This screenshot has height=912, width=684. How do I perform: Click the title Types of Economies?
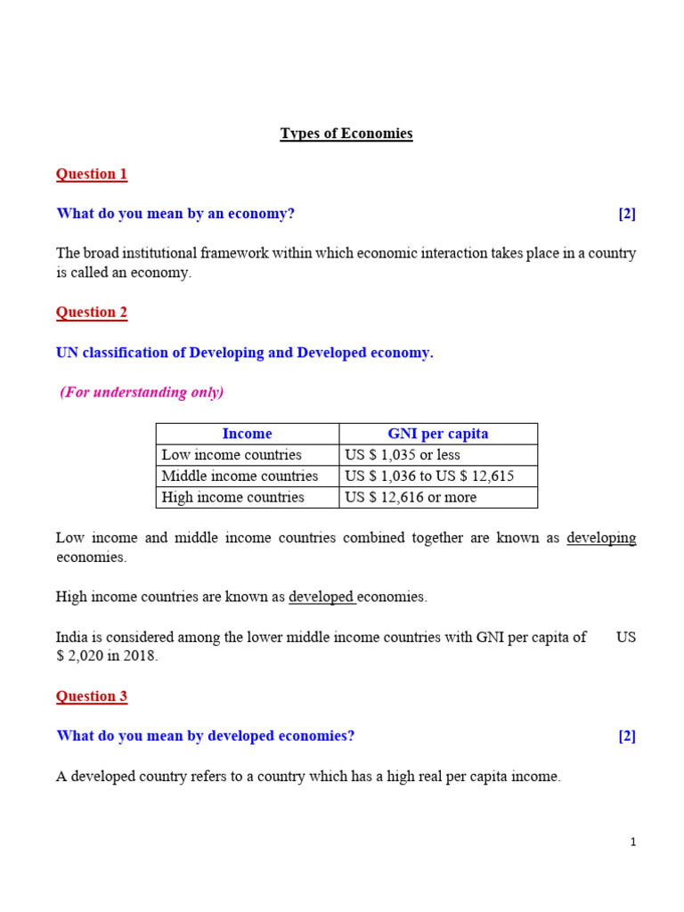pyautogui.click(x=346, y=134)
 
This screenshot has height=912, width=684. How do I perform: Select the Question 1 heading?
pyautogui.click(x=92, y=174)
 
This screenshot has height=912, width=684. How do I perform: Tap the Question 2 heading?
pyautogui.click(x=92, y=312)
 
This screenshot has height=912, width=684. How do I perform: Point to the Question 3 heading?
pyautogui.click(x=92, y=696)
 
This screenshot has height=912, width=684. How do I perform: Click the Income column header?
pyautogui.click(x=247, y=434)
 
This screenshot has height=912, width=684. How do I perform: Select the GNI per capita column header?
pyautogui.click(x=437, y=434)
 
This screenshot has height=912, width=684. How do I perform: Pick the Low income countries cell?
pyautogui.click(x=232, y=455)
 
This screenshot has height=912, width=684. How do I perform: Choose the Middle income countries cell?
pyautogui.click(x=240, y=476)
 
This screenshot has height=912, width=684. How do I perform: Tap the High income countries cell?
pyautogui.click(x=232, y=497)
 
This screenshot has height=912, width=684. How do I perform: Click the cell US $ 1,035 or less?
pyautogui.click(x=403, y=455)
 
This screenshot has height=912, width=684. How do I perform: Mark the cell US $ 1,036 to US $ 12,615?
pyautogui.click(x=429, y=476)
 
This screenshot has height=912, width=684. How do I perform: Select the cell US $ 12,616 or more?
pyautogui.click(x=411, y=497)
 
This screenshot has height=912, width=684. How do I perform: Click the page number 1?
pyautogui.click(x=633, y=843)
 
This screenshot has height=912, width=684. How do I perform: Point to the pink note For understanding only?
pyautogui.click(x=142, y=392)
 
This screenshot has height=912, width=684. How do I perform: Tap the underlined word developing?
pyautogui.click(x=601, y=538)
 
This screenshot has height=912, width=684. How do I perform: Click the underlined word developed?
pyautogui.click(x=321, y=597)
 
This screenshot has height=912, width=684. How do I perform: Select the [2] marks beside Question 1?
pyautogui.click(x=627, y=214)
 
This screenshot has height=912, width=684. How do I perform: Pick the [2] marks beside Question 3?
pyautogui.click(x=627, y=736)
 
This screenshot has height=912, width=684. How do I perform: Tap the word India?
pyautogui.click(x=72, y=637)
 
